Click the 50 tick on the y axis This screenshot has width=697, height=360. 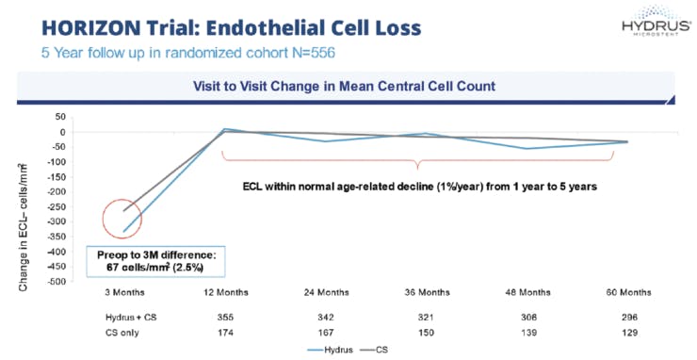click(x=57, y=117)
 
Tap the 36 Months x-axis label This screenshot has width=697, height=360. click(x=426, y=292)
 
